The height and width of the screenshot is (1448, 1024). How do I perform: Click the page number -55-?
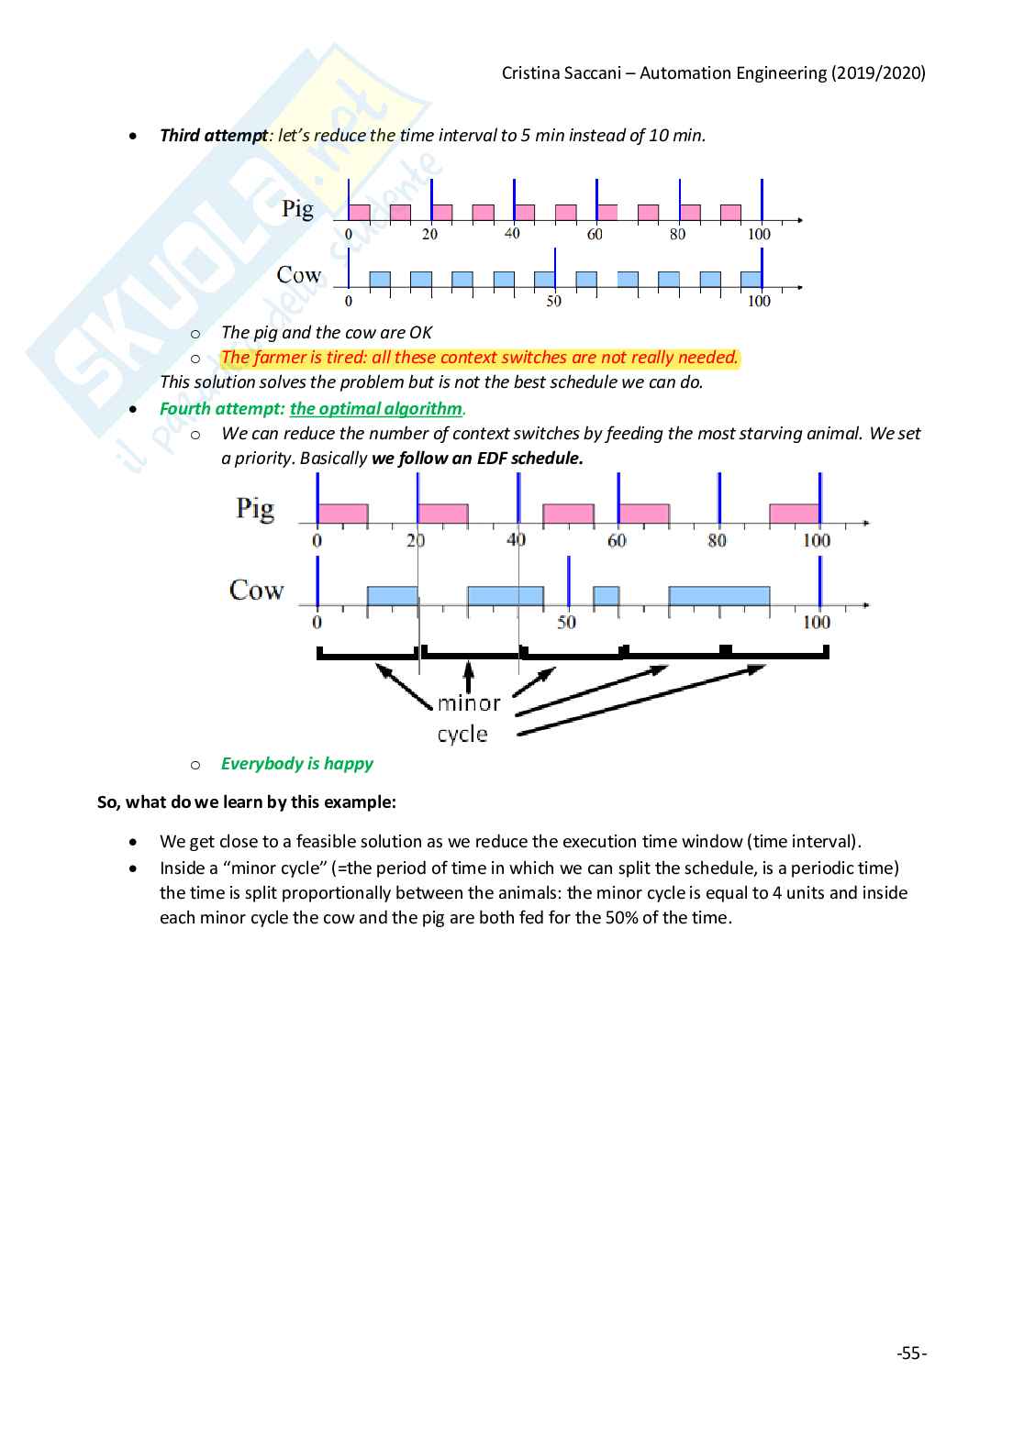click(x=911, y=1354)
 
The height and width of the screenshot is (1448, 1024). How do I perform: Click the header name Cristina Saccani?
click(x=558, y=73)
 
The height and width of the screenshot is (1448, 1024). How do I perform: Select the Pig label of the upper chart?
click(x=297, y=209)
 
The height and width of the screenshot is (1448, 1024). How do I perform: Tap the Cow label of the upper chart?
click(x=299, y=275)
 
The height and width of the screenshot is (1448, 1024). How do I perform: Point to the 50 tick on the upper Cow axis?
click(x=554, y=302)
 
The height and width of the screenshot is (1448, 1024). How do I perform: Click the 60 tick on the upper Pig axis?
click(x=595, y=235)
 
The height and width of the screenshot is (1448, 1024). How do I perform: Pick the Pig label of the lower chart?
click(x=255, y=508)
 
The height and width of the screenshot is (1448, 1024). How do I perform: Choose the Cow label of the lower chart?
click(x=256, y=590)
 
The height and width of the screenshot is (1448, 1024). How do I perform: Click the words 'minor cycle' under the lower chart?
click(x=467, y=718)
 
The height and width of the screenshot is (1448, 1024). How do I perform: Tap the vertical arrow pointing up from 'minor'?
click(x=469, y=677)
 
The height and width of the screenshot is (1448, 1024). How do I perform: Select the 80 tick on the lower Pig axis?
click(x=717, y=541)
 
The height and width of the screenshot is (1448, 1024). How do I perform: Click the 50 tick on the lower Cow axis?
click(x=567, y=623)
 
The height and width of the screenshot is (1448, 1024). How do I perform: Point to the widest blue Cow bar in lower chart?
click(x=718, y=596)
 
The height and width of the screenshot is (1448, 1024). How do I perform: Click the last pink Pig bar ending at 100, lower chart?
click(x=794, y=514)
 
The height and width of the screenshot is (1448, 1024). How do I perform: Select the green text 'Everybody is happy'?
click(x=296, y=764)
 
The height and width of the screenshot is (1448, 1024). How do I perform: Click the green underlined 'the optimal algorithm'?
click(x=376, y=409)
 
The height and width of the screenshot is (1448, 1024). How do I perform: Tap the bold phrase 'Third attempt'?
click(x=214, y=136)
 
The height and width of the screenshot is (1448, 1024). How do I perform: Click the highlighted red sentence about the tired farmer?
click(x=479, y=358)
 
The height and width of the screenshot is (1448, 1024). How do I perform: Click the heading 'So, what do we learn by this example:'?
click(x=247, y=802)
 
